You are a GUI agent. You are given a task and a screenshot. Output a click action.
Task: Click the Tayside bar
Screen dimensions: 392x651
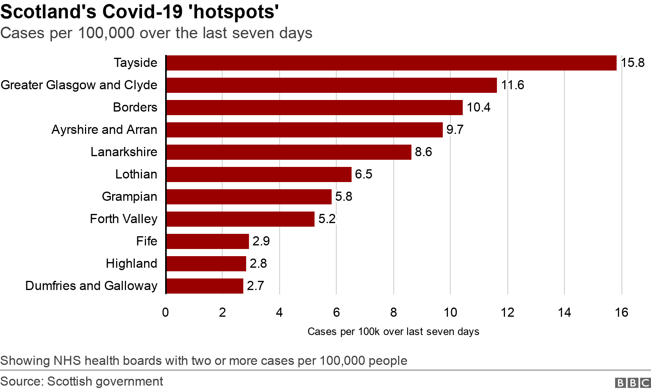pyautogui.click(x=391, y=63)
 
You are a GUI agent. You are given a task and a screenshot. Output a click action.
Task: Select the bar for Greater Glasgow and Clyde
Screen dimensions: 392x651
pyautogui.click(x=331, y=85)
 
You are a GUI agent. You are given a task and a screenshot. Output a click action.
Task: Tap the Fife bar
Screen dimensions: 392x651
pyautogui.click(x=207, y=241)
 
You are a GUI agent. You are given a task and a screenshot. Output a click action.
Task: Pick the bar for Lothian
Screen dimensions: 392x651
pyautogui.click(x=258, y=174)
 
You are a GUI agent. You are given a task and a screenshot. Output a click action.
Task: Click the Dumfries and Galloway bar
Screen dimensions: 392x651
pyautogui.click(x=204, y=286)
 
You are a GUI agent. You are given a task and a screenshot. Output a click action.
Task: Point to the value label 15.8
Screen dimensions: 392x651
pyautogui.click(x=633, y=63)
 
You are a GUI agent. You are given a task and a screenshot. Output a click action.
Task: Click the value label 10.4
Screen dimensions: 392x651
pyautogui.click(x=478, y=108)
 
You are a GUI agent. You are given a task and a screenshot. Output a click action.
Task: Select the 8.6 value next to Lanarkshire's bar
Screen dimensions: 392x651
pyautogui.click(x=423, y=152)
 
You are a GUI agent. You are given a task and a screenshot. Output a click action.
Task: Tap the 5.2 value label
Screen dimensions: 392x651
pyautogui.click(x=327, y=219)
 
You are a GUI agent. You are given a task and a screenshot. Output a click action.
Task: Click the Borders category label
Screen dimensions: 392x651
pyautogui.click(x=135, y=108)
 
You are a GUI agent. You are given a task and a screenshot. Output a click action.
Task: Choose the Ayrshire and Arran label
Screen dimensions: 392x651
pyautogui.click(x=104, y=130)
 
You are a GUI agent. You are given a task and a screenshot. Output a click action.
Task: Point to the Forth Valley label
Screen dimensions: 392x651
pyautogui.click(x=123, y=219)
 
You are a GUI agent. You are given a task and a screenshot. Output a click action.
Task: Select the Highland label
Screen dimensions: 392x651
pyautogui.click(x=131, y=264)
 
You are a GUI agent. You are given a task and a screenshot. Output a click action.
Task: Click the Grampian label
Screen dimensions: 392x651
pyautogui.click(x=129, y=197)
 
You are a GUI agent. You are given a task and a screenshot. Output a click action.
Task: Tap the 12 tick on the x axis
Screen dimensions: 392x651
pyautogui.click(x=507, y=313)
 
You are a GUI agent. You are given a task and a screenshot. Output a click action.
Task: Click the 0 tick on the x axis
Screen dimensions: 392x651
pyautogui.click(x=166, y=313)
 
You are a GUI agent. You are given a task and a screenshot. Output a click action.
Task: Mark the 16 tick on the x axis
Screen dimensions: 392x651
pyautogui.click(x=621, y=313)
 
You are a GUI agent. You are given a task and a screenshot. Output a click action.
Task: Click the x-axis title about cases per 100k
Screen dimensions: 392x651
pyautogui.click(x=393, y=332)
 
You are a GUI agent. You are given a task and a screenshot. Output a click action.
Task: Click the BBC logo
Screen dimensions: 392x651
pyautogui.click(x=633, y=383)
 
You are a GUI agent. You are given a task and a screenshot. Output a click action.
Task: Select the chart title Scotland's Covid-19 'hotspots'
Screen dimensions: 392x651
pyautogui.click(x=140, y=12)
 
